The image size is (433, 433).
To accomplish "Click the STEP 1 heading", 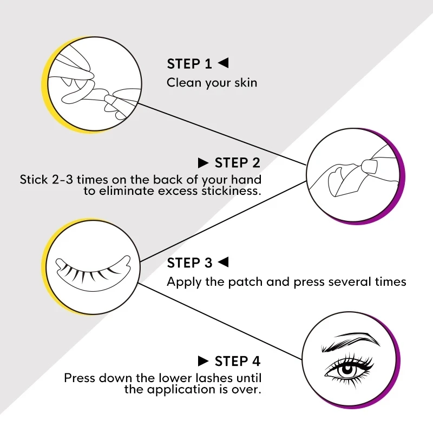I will point(189,64).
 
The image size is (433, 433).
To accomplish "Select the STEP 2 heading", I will point(237,163).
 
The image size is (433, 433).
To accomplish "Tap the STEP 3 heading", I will point(189,263).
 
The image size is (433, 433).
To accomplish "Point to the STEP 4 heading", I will point(237,361).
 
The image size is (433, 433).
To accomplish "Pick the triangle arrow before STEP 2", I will point(204,163).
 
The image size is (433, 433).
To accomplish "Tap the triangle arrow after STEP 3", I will point(223,263).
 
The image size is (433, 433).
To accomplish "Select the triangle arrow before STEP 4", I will point(204,361).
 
